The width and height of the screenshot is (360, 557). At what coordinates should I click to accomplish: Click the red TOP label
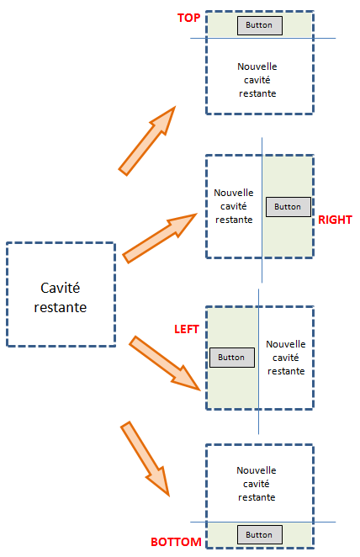click(189, 18)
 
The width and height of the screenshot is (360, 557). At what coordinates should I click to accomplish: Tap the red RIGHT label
click(335, 220)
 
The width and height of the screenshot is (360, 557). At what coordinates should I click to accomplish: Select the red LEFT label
click(187, 329)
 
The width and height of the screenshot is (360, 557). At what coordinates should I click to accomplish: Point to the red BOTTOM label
click(176, 542)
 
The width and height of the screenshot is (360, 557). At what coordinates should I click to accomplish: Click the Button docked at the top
click(260, 25)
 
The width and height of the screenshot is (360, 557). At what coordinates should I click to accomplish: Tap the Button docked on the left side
click(232, 358)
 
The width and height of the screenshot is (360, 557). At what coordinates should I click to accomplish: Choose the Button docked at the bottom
click(260, 534)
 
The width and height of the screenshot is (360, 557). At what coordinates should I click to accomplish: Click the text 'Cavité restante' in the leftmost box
click(61, 298)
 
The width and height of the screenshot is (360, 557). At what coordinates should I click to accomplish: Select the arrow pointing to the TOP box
click(146, 141)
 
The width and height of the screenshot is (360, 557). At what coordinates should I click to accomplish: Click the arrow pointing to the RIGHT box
click(160, 238)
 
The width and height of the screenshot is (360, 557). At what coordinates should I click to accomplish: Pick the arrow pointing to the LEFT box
click(165, 363)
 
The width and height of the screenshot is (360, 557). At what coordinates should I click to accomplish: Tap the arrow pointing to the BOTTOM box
click(145, 459)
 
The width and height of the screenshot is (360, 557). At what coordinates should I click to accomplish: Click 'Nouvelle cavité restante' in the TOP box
click(257, 80)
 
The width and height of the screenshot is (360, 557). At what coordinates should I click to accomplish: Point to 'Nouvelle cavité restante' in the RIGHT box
click(234, 206)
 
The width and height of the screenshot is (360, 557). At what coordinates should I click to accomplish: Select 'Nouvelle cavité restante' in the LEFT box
click(286, 358)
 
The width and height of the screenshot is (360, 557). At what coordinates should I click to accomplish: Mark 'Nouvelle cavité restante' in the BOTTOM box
click(257, 484)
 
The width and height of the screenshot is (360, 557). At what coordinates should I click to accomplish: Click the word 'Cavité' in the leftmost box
click(61, 288)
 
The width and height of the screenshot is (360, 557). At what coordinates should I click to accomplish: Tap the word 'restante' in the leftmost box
click(61, 308)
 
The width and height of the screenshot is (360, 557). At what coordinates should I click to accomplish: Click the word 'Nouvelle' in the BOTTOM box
click(257, 470)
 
